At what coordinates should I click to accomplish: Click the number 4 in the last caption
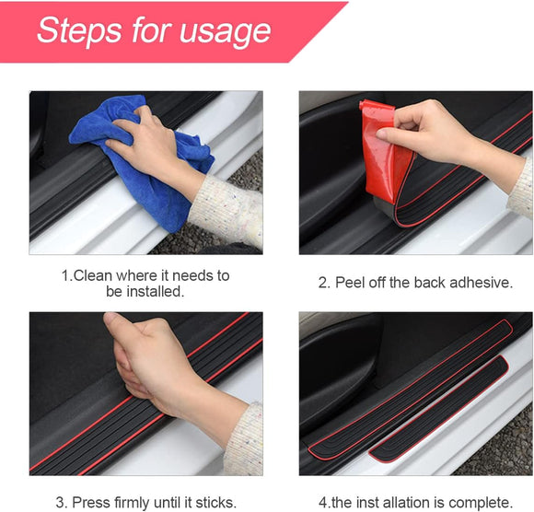[x=322, y=503]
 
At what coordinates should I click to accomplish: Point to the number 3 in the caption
[x=60, y=503]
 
